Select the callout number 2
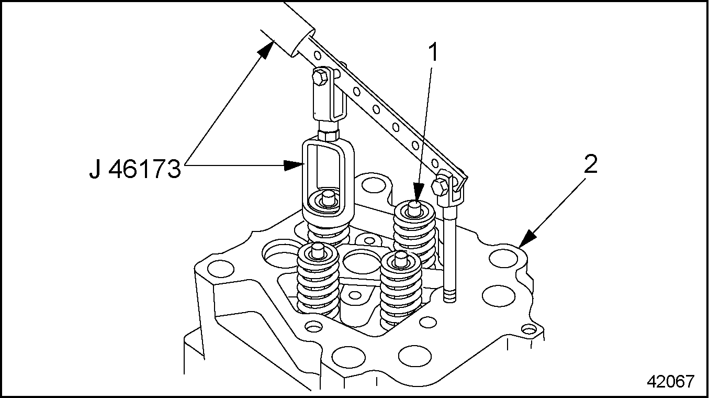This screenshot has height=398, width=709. click(590, 165)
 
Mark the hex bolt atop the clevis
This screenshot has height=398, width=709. click(319, 79)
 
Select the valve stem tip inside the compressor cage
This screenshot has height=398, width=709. click(329, 197)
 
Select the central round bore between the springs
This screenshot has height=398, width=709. click(362, 260)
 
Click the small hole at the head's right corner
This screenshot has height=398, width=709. click(530, 330)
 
